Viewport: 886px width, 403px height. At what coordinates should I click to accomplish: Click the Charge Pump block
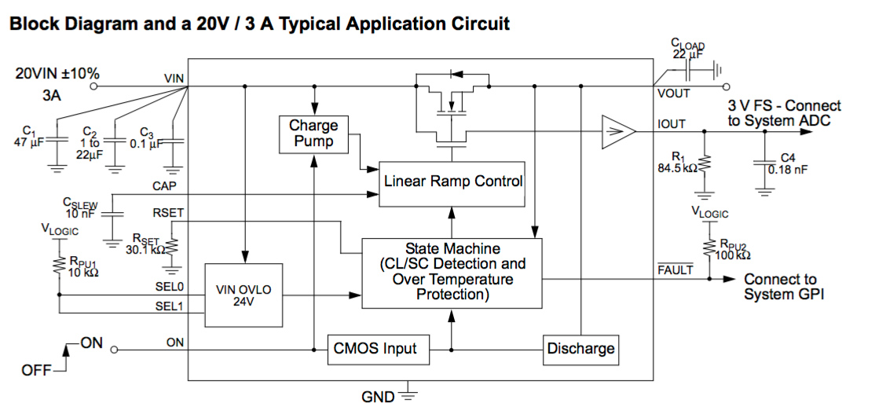[313, 133]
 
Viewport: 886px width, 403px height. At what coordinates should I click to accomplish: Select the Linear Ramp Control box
[452, 181]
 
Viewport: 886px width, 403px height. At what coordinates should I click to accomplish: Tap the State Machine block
[452, 271]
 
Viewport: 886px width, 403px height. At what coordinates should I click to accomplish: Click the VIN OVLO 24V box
[243, 295]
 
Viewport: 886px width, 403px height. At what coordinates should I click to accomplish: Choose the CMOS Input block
[379, 348]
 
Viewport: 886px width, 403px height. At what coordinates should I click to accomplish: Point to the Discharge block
[580, 349]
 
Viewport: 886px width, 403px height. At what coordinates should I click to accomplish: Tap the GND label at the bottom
[378, 396]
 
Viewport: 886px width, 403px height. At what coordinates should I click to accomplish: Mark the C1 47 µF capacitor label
[30, 137]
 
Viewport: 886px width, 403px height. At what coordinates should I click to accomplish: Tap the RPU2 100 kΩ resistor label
[732, 250]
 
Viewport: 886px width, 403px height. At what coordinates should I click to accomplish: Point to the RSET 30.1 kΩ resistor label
[146, 245]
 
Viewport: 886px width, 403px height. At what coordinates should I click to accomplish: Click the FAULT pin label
[675, 269]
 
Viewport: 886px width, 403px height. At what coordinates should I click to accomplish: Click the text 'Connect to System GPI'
[782, 287]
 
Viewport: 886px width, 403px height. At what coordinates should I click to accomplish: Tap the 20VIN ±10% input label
[57, 74]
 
